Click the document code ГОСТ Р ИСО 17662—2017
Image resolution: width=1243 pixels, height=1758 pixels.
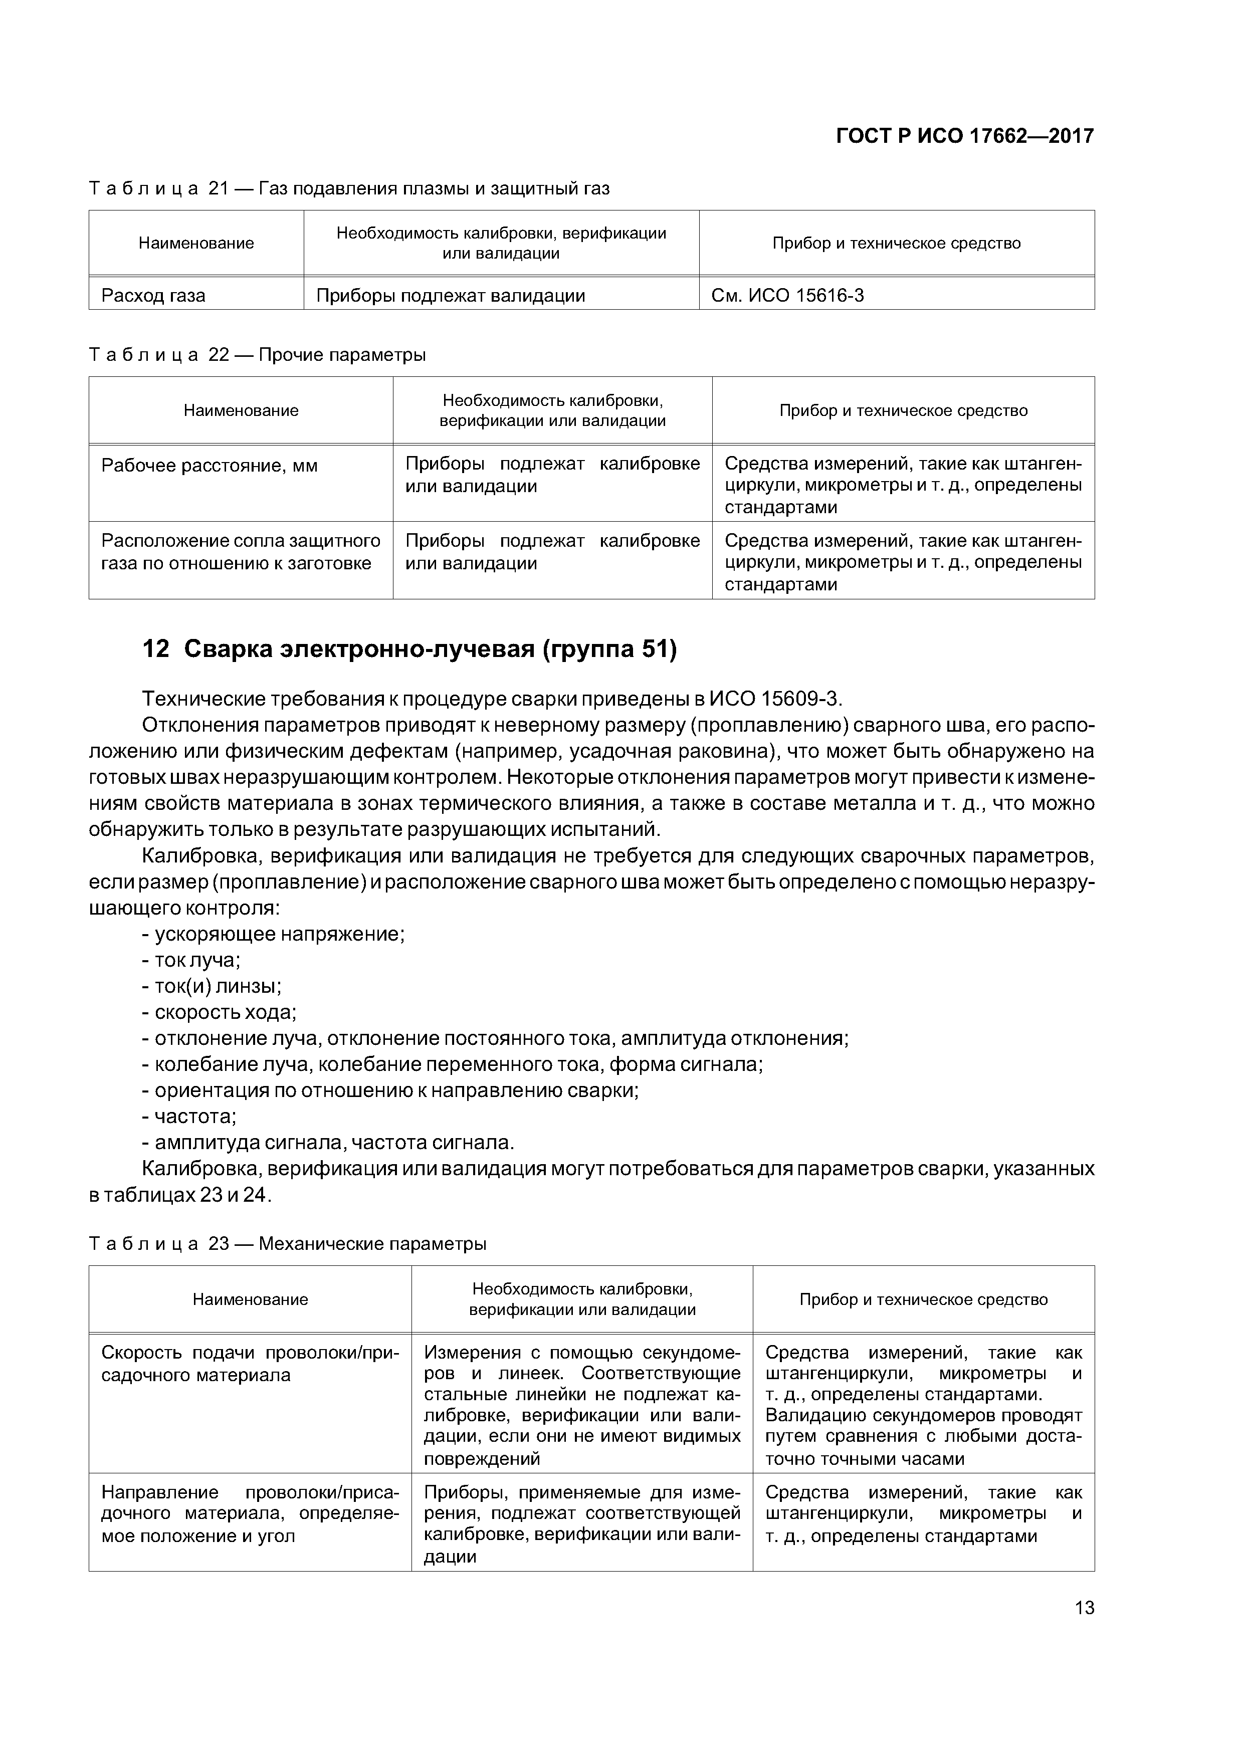click(964, 136)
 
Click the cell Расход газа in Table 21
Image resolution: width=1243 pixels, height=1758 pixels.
click(153, 296)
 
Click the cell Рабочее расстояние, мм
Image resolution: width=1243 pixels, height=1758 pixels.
click(209, 466)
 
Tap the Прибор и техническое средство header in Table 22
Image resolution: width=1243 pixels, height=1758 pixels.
click(903, 410)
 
